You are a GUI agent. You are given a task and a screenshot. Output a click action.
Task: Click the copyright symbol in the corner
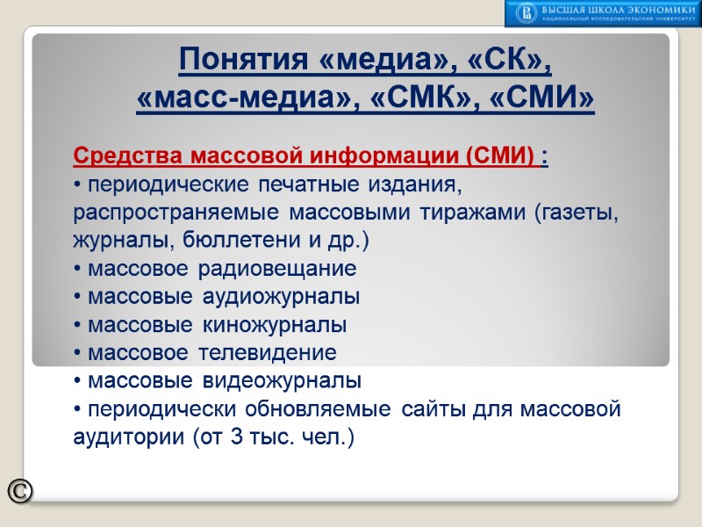tap(20, 492)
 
